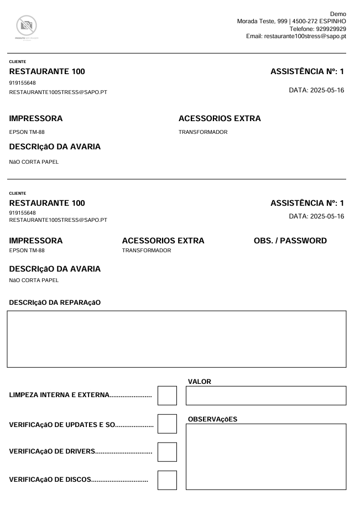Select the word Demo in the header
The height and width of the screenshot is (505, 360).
[x=338, y=13]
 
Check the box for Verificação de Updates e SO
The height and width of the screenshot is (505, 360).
[x=167, y=424]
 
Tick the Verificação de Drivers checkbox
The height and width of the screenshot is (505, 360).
[x=167, y=452]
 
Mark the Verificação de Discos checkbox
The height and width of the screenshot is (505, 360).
[x=167, y=480]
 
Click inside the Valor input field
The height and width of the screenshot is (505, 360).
[x=266, y=396]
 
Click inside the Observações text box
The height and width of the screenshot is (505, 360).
[x=266, y=457]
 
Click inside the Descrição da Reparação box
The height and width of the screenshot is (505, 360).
[x=176, y=339]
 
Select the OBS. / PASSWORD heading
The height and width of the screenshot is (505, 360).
[x=290, y=241]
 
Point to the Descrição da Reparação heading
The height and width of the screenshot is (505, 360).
[x=55, y=301]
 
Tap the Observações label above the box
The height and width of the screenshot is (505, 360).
[x=213, y=419]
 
